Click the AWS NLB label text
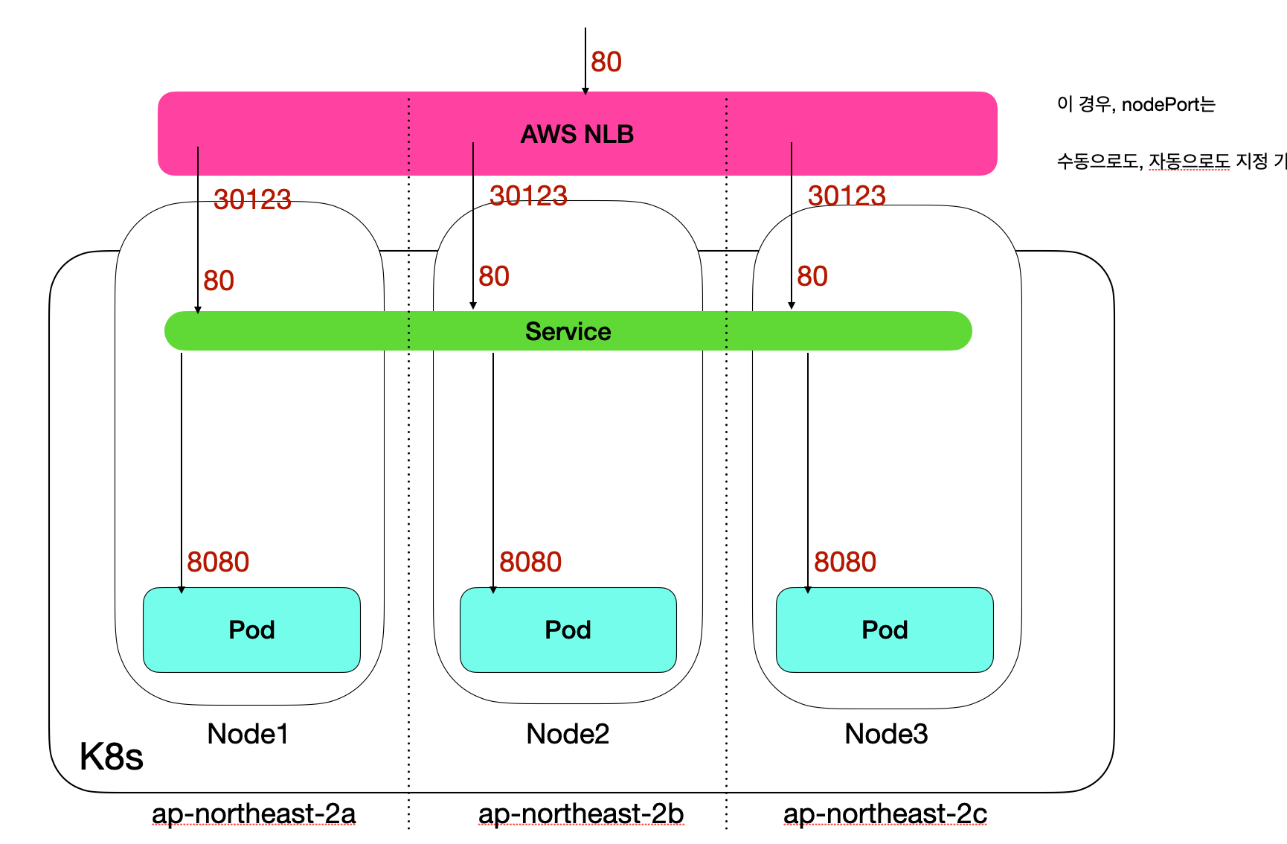tap(577, 134)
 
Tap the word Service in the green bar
tap(568, 331)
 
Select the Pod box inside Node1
tap(251, 630)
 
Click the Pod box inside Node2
tap(568, 630)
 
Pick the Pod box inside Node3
tap(885, 630)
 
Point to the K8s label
tap(111, 757)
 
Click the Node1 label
tap(248, 734)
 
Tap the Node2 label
tap(568, 734)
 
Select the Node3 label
tap(886, 734)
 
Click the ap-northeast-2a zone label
tap(254, 813)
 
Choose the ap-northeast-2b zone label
tap(581, 813)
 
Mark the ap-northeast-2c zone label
tap(885, 813)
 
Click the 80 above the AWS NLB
tap(606, 62)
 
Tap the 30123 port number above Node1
tap(252, 199)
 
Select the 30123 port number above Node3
tap(847, 196)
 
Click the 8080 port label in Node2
tap(530, 562)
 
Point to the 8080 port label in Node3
tap(844, 562)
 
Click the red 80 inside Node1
tap(219, 281)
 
